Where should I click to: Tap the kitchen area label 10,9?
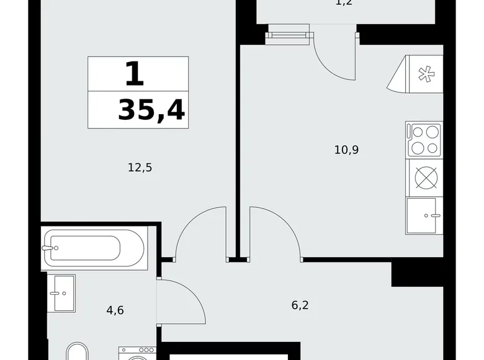tap(347, 150)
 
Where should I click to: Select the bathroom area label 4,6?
tap(115, 309)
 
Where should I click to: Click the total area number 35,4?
tap(151, 111)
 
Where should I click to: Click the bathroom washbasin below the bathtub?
tap(61, 293)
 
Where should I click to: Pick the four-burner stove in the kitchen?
tap(424, 140)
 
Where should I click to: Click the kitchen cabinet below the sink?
tap(424, 216)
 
